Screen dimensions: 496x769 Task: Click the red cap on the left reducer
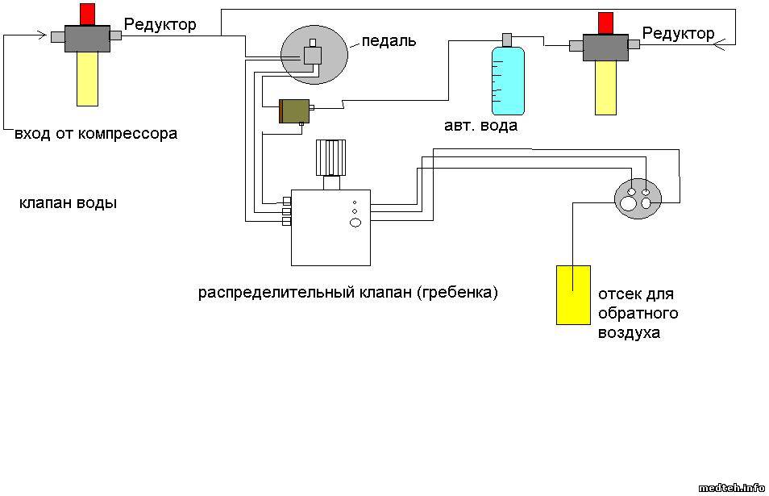click(86, 14)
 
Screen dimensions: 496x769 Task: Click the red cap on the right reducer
click(605, 23)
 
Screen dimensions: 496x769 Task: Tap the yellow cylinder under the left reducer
click(87, 79)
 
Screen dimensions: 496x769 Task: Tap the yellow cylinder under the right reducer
click(605, 88)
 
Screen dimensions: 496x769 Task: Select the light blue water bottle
click(508, 81)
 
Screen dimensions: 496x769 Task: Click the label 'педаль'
click(389, 40)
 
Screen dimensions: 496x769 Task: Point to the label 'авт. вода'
click(480, 126)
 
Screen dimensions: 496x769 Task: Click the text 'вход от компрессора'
click(96, 134)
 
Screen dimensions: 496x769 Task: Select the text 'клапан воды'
click(68, 203)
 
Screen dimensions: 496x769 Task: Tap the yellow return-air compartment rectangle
click(573, 294)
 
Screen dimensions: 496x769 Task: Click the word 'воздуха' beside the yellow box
click(628, 332)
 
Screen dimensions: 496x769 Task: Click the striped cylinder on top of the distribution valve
click(330, 157)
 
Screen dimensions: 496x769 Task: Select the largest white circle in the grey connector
click(628, 203)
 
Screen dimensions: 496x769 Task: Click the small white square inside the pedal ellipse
click(312, 55)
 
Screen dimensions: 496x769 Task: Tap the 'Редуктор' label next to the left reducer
click(160, 25)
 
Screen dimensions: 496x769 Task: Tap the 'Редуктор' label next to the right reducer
click(678, 34)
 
